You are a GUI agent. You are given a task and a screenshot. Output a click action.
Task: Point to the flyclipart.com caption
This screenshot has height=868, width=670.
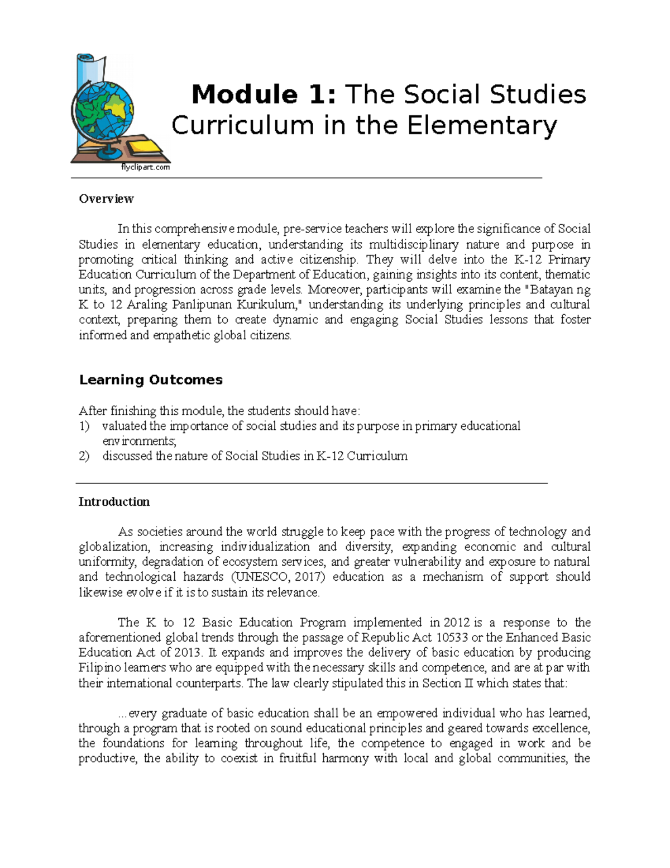(x=145, y=167)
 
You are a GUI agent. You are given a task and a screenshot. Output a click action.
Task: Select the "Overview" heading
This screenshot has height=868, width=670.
(x=106, y=199)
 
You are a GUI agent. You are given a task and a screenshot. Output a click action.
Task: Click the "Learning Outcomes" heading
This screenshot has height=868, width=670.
(x=151, y=380)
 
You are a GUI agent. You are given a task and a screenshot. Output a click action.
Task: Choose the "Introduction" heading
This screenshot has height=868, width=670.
(x=114, y=502)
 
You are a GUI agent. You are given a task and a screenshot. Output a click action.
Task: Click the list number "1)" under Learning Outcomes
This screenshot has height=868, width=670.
(x=84, y=426)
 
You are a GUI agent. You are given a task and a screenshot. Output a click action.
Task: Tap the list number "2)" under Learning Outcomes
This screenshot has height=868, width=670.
(x=84, y=456)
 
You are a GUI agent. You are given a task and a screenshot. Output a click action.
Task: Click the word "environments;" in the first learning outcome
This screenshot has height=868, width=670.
(x=139, y=442)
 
